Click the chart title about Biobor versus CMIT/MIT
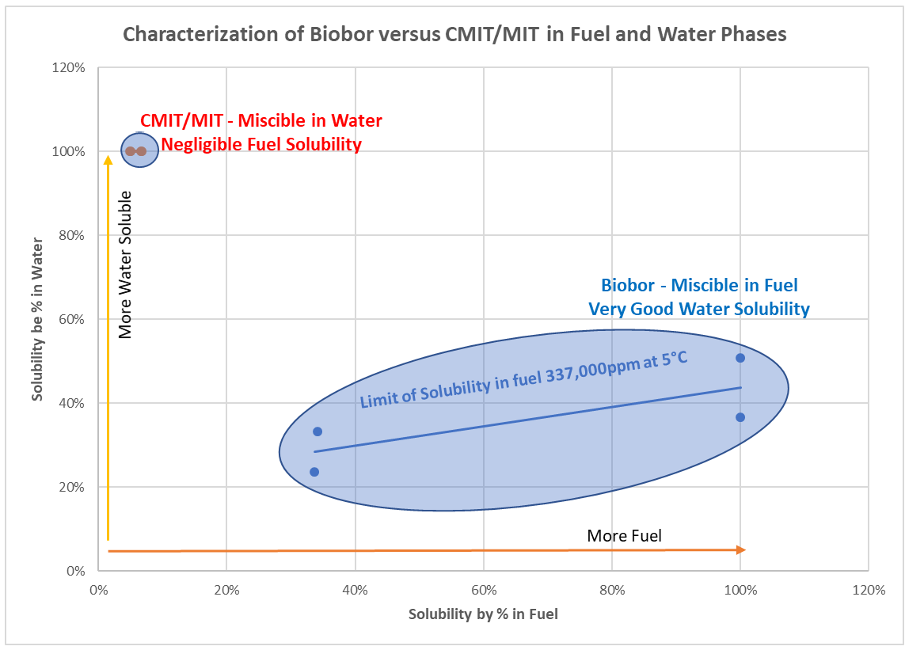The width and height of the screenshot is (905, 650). coord(454,34)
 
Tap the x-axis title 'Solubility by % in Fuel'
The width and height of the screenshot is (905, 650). coord(483,614)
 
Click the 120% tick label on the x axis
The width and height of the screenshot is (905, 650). coord(868,590)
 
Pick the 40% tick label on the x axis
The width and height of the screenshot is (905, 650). coord(355,590)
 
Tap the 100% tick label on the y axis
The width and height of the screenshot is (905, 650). coord(69,151)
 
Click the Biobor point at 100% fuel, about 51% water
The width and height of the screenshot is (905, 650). coord(740,358)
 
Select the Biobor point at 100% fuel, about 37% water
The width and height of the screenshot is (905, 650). coord(740,417)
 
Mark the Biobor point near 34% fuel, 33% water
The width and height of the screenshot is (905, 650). coord(318,431)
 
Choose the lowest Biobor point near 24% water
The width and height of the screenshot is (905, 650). coord(314,472)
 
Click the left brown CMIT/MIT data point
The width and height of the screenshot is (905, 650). coord(130,151)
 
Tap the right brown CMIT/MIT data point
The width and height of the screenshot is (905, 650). coord(142,151)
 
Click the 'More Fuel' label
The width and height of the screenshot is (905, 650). coord(624,536)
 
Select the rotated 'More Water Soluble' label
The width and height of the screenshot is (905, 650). coord(125,264)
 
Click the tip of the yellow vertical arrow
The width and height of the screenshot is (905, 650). coord(108,158)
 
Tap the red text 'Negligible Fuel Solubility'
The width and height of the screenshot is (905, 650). coord(261,144)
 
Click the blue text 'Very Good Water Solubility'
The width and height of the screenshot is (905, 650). coord(699,309)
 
